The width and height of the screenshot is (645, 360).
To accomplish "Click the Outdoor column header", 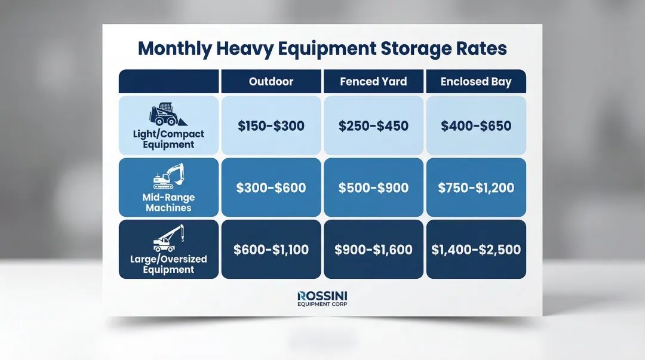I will pos(271,82).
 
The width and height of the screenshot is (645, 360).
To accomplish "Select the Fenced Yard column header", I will pos(373,82).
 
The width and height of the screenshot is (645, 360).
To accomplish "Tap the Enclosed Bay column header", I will pos(476,82).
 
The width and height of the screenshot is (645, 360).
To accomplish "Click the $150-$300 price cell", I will pos(271,126).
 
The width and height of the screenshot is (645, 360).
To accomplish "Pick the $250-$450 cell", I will pos(373,126).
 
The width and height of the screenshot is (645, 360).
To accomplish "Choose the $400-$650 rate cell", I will pos(476,126).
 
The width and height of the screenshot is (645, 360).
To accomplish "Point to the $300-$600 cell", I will pos(271,188).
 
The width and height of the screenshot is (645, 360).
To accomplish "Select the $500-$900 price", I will pos(373,188).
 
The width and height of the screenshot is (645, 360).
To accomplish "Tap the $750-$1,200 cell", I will pos(476,188).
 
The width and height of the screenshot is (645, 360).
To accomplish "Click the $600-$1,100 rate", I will pos(271,250).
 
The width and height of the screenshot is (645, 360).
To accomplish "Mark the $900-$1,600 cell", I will pos(373,250).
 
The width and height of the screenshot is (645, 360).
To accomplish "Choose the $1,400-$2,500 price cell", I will pos(476,250).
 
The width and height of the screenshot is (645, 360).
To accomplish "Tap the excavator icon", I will pos(168,176).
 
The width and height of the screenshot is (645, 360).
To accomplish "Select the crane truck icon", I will pos(168,238).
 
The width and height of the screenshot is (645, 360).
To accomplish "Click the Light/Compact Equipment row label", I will pos(168,139).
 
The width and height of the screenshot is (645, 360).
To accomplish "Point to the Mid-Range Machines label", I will pos(168,202).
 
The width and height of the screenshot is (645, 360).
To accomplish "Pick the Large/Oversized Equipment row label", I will pos(168,264).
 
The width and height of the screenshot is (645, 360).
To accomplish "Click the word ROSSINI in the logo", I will pos(322,296).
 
